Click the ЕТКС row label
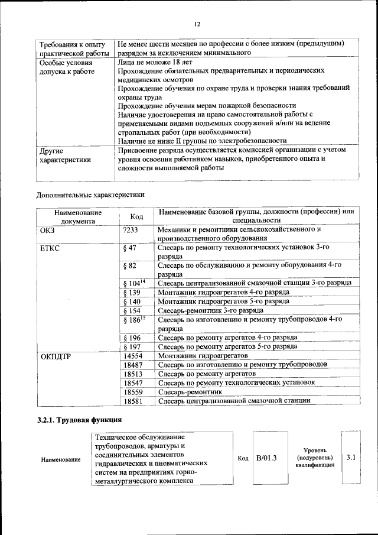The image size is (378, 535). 51,248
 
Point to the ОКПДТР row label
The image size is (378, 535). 56,356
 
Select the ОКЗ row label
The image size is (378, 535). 47,229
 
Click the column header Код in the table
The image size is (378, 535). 136,216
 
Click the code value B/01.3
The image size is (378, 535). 267,458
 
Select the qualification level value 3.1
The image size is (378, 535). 350,457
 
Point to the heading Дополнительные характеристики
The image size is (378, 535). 90,194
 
